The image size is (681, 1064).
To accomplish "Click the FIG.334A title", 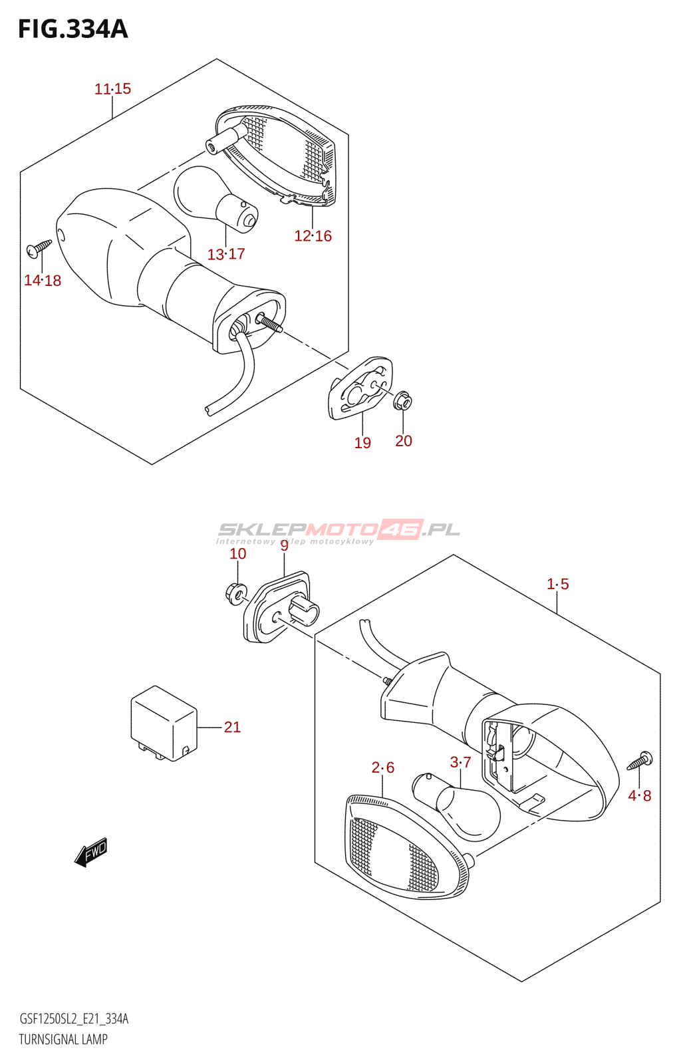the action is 73,29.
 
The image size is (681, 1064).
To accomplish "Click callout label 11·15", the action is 112,89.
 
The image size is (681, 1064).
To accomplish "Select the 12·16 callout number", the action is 313,235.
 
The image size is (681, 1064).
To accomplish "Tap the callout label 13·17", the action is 226,254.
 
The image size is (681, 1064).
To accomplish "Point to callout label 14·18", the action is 43,280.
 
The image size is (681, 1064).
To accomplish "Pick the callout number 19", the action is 362,443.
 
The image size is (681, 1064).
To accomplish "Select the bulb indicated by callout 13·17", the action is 215,198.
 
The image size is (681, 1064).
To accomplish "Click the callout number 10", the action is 238,553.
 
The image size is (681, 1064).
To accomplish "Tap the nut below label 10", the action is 235,594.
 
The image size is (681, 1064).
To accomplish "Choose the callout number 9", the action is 284,546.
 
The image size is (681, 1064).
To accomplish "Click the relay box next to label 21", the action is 164,724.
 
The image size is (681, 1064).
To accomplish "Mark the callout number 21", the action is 232,727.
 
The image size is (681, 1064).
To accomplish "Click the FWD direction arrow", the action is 91,852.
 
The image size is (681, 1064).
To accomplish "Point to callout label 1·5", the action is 557,584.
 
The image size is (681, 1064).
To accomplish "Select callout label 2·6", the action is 383,767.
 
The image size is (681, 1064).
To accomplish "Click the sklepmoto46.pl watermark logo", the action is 339,531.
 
